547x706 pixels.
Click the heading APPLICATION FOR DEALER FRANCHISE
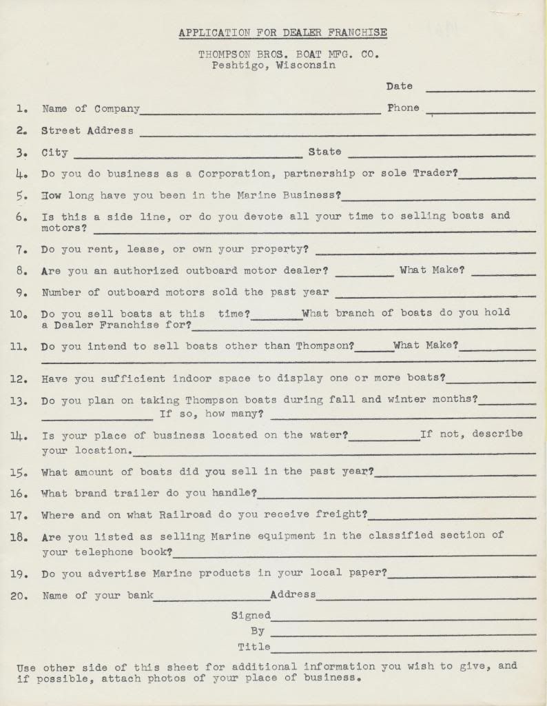click(282, 32)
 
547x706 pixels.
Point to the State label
click(324, 152)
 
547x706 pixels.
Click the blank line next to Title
click(403, 649)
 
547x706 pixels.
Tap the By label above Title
click(258, 631)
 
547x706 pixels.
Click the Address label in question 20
click(293, 594)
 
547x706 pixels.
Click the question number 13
click(20, 401)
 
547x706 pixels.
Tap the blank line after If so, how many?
click(403, 416)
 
